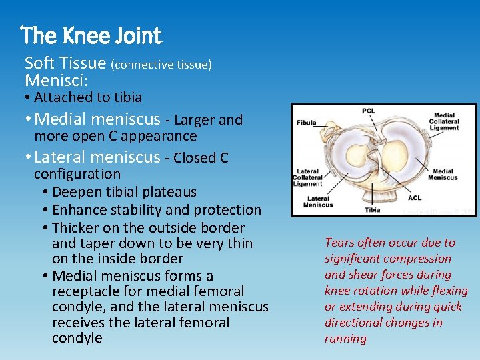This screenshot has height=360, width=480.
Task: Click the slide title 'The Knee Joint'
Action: pos(91,35)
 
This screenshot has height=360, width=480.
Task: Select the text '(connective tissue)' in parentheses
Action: pos(161,65)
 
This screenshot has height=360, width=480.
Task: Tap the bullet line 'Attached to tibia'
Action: pos(88,97)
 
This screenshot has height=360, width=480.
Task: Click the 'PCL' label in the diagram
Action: pos(368,111)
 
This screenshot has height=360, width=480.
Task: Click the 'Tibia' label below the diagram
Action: pos(372,209)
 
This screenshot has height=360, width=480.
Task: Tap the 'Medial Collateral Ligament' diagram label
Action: pos(444,121)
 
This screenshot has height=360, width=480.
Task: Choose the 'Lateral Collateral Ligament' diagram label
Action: pos(309,177)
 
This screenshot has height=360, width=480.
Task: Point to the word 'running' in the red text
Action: pos(345,339)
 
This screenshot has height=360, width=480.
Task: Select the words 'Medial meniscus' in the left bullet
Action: pos(97,120)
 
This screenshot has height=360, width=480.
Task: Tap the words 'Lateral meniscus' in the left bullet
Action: pos(97,158)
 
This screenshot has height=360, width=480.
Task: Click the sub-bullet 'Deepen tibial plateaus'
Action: pos(124,193)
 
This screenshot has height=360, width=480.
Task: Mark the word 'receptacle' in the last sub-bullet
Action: pos(84,291)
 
